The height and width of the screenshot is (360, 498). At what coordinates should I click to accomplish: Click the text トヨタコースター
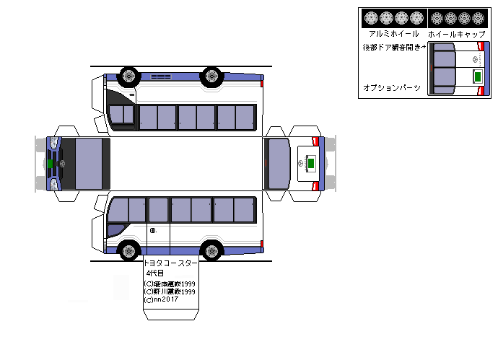click(171, 264)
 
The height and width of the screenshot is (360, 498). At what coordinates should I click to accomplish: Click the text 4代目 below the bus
click(155, 273)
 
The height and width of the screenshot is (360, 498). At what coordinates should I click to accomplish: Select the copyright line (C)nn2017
click(161, 299)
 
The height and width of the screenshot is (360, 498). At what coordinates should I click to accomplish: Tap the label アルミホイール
click(393, 34)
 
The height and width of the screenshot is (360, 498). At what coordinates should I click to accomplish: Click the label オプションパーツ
click(391, 87)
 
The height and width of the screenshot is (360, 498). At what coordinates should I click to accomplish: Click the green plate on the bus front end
click(51, 164)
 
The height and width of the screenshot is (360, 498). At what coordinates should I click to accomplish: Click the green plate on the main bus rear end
click(310, 164)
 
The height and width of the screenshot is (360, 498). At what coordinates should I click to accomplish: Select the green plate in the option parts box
click(477, 76)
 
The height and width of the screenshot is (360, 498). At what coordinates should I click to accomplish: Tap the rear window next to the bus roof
click(276, 164)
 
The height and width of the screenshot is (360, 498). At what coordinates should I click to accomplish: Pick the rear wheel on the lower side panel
click(211, 251)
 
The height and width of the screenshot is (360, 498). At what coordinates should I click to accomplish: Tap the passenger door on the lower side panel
click(158, 224)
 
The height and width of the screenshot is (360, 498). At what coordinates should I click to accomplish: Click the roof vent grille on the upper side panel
click(160, 76)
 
